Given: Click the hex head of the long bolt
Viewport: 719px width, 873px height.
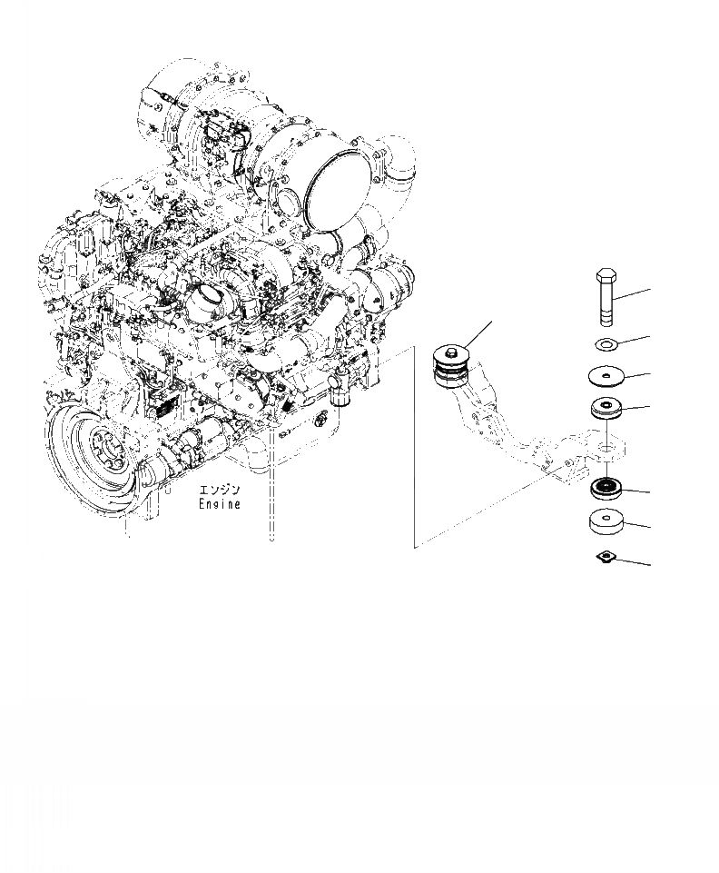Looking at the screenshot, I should [x=607, y=276].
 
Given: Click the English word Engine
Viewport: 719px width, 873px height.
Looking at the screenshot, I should [x=222, y=504].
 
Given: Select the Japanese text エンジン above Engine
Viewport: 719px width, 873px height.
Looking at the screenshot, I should [x=222, y=491].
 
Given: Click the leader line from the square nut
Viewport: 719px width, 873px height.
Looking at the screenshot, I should [x=633, y=563].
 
